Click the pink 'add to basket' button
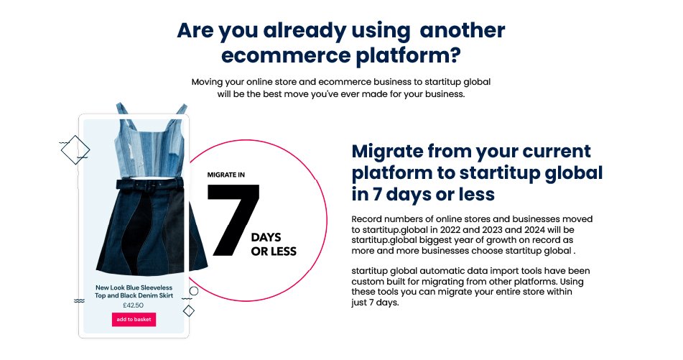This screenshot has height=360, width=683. tap(134, 320)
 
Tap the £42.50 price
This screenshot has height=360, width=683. tap(134, 305)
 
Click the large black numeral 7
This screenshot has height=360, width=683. tap(233, 220)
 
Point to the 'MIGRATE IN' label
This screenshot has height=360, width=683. tap(226, 175)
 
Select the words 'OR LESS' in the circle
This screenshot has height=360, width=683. tap(274, 251)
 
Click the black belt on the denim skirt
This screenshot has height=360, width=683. tap(149, 184)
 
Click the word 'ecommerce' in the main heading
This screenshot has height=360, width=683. tap(286, 56)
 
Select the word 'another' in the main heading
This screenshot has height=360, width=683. tap(463, 30)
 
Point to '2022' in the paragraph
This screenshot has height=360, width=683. tap(450, 230)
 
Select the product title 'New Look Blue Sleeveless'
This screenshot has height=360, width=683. tap(134, 287)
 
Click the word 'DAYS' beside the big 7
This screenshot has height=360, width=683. tap(266, 238)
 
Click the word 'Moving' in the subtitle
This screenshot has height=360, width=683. tap(207, 83)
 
